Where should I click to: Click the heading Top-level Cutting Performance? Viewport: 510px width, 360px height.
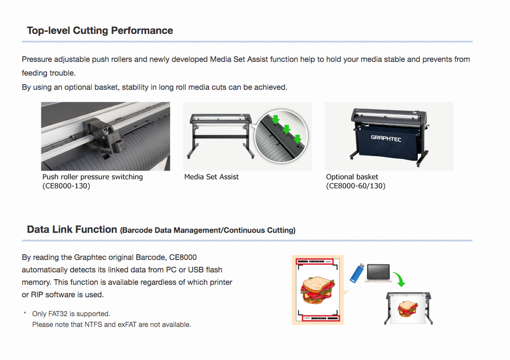[100, 30]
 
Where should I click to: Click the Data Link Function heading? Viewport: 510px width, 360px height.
[72, 229]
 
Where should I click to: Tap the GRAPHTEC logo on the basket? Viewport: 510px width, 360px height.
[386, 138]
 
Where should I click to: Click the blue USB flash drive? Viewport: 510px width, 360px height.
[357, 273]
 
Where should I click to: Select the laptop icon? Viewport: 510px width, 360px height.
[378, 273]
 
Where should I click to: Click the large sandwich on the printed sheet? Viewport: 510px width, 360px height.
[318, 290]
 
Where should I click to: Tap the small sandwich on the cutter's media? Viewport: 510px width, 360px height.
[408, 309]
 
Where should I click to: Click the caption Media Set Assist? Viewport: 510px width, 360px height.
[212, 177]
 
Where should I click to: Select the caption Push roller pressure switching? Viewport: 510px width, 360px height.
[93, 177]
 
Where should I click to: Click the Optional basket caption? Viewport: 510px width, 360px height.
[352, 177]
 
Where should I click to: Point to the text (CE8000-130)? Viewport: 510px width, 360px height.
[66, 186]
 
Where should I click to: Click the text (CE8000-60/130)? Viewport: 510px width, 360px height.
[356, 186]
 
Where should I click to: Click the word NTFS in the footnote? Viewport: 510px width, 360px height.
[93, 325]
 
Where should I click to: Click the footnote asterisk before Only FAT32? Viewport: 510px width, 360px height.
[25, 313]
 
